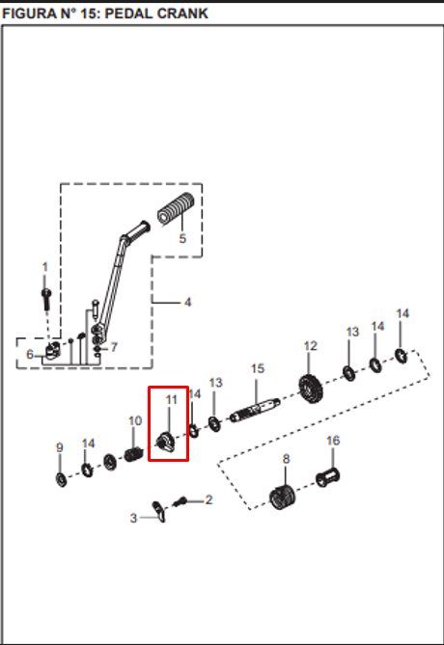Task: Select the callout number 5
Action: click(182, 238)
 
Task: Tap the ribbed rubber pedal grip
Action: click(176, 209)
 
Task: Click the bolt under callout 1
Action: click(46, 298)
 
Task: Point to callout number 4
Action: click(188, 303)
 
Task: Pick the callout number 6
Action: click(30, 354)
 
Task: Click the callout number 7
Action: click(114, 347)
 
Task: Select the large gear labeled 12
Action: click(311, 389)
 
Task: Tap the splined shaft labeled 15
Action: click(256, 411)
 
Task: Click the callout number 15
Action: click(258, 368)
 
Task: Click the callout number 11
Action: click(172, 400)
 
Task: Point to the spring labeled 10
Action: click(134, 454)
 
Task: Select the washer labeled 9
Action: click(62, 479)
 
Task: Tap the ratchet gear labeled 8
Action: click(283, 497)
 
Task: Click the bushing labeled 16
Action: click(328, 477)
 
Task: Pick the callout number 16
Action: click(333, 441)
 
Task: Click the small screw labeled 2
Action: click(180, 501)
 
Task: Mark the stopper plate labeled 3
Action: click(159, 512)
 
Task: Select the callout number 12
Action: click(311, 346)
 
